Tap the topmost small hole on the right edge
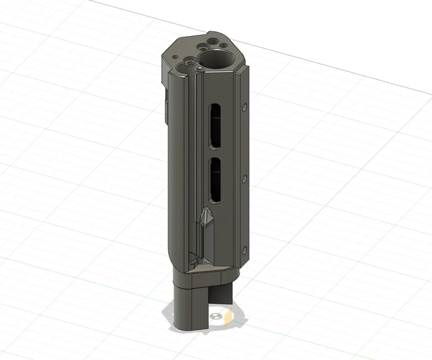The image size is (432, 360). tap(245, 106)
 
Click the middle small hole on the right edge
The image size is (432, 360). tap(245, 178)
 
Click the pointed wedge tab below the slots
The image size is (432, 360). tap(207, 217)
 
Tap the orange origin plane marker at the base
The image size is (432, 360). tap(228, 318)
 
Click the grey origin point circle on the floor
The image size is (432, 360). tap(214, 317)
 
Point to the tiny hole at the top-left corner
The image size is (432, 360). tap(175, 57)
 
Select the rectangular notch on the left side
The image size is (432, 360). tap(165, 110)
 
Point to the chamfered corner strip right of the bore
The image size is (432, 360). tap(243, 79)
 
